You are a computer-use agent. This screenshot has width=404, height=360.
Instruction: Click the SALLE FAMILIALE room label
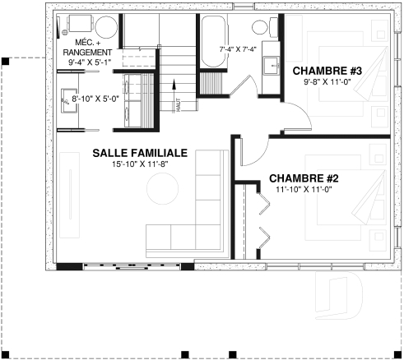pyautogui.click(x=140, y=154)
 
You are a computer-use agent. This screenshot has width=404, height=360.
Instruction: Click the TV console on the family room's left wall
pyautogui.click(x=67, y=201)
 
